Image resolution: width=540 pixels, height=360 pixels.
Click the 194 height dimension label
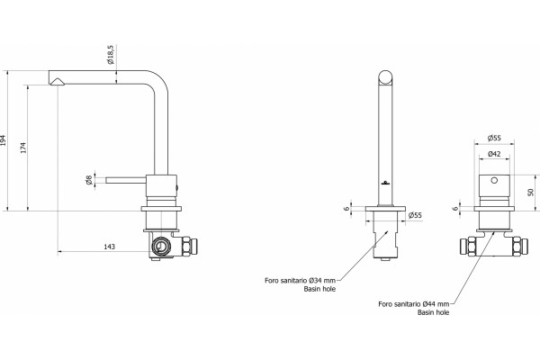coord(3,140)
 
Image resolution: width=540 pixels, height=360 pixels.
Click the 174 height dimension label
coord(23,148)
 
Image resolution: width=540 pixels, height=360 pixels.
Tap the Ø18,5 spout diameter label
coord(111,55)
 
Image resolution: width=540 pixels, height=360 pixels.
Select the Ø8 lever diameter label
coord(89,180)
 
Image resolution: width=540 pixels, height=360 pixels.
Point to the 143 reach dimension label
coord(110,247)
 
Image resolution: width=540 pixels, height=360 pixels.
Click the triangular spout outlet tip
coord(58,81)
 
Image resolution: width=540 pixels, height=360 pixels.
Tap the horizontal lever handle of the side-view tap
coord(126,180)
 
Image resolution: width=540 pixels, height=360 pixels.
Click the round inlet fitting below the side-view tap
coord(160,246)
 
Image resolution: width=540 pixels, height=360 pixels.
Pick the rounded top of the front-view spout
coord(385,77)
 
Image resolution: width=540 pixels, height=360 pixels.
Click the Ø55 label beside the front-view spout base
coord(415,216)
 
